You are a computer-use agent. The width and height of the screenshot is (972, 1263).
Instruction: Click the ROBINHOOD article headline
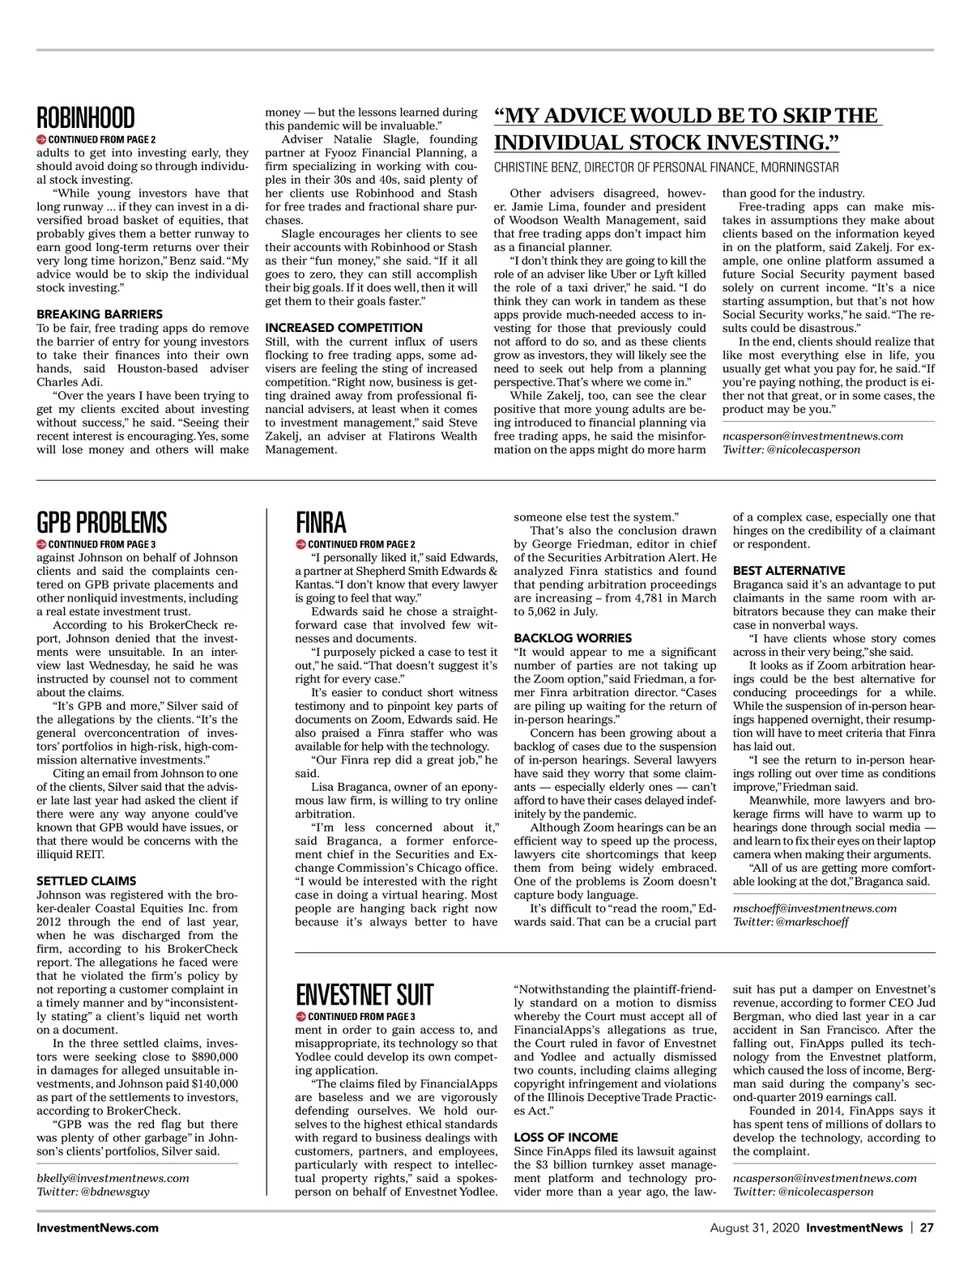click(x=86, y=118)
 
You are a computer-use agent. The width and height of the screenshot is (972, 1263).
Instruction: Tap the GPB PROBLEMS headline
click(x=102, y=522)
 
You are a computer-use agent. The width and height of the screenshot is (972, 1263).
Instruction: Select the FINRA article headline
click(x=321, y=522)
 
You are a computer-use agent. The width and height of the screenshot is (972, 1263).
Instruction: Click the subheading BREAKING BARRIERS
click(x=100, y=314)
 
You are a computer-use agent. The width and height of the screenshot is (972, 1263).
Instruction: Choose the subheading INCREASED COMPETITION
click(x=344, y=328)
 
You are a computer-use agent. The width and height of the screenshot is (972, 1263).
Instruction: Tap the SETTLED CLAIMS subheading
click(x=87, y=881)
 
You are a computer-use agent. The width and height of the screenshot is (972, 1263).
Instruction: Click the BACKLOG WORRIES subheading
click(x=573, y=638)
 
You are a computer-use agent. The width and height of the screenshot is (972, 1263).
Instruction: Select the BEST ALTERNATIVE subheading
click(x=789, y=571)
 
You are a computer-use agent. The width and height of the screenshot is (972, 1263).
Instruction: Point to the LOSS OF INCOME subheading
click(x=566, y=1138)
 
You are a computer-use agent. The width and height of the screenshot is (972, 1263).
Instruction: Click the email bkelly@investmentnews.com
click(x=113, y=1178)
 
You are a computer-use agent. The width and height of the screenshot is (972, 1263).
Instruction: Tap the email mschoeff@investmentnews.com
click(x=815, y=908)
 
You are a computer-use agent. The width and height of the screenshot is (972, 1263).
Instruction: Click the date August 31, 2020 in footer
click(x=755, y=1227)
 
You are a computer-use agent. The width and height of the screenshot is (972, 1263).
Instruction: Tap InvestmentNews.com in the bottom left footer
click(x=98, y=1227)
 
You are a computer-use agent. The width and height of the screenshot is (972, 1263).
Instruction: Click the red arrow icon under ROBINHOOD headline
click(x=41, y=139)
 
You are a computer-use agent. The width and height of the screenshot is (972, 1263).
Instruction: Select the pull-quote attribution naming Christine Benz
click(x=667, y=168)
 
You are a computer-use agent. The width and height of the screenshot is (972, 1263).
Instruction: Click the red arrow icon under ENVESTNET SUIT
click(x=301, y=1016)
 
